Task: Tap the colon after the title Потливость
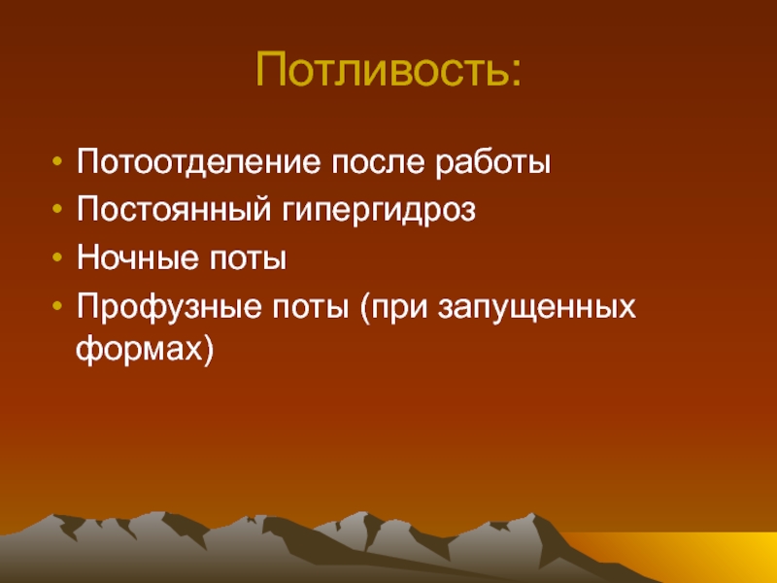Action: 516,75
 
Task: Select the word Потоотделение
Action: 199,161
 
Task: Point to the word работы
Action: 493,161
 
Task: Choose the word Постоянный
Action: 174,209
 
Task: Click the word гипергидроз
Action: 379,211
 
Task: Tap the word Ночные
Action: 137,257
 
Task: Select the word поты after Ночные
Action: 248,259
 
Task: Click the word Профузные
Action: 169,307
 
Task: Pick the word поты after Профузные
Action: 310,308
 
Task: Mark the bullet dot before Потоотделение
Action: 57,161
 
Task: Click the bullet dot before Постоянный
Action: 57,209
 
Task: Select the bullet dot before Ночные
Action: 57,257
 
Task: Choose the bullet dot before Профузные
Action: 57,306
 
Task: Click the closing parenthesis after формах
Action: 208,350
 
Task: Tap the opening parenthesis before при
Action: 365,308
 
